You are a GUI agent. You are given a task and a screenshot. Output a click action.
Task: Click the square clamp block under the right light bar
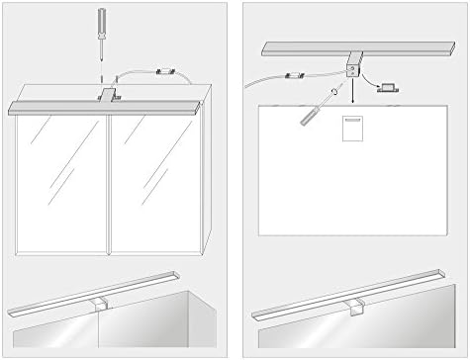tap(351, 68)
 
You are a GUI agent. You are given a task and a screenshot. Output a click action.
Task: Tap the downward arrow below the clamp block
tap(351, 95)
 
